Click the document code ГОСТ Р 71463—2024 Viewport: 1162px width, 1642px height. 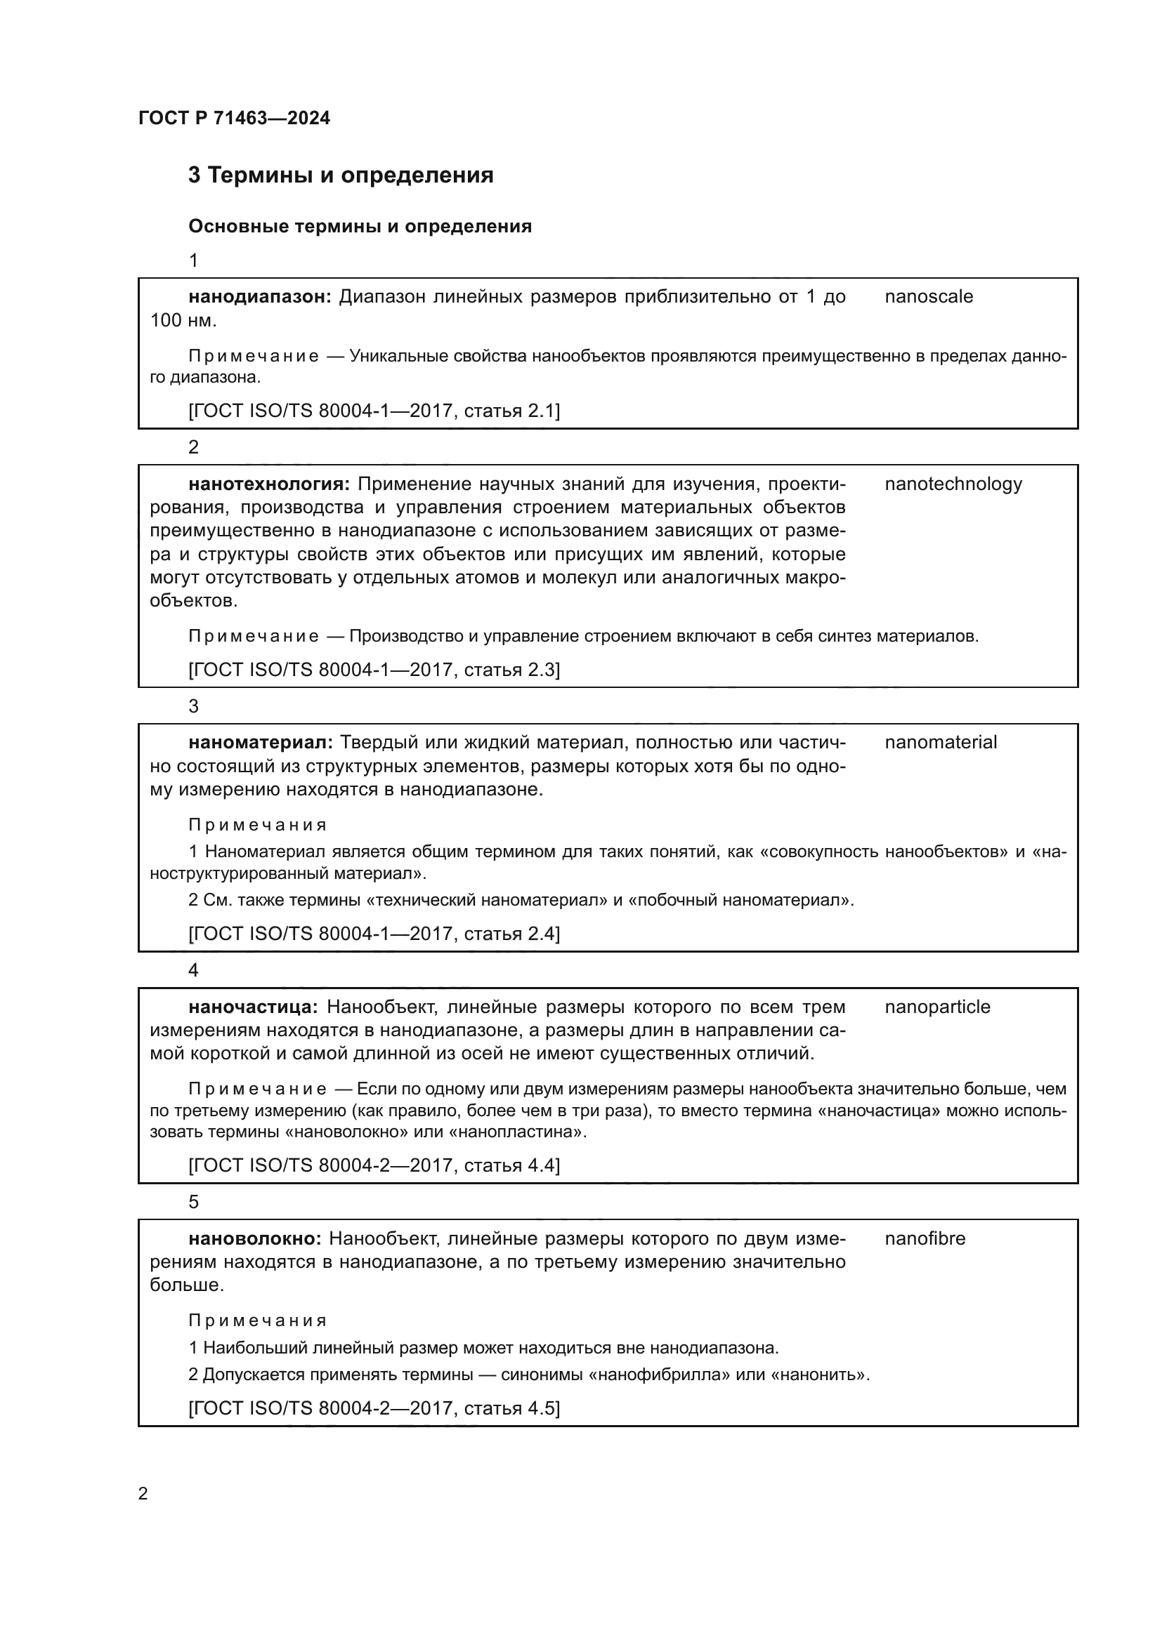pyautogui.click(x=234, y=118)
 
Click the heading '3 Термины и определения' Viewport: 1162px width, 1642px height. pyautogui.click(x=341, y=176)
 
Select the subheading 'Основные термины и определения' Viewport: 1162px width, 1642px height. pyautogui.click(x=360, y=227)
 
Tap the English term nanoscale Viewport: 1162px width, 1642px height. pyautogui.click(x=928, y=296)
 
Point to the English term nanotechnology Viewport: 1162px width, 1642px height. pyautogui.click(x=953, y=484)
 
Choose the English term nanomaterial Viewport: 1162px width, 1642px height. pyautogui.click(x=940, y=742)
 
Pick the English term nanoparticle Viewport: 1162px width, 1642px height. pyautogui.click(x=937, y=1007)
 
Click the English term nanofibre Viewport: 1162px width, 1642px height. pyautogui.click(x=925, y=1238)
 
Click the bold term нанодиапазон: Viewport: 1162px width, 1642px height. pyautogui.click(x=261, y=296)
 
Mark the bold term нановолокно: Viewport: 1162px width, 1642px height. pyautogui.click(x=256, y=1238)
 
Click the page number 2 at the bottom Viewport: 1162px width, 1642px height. pyautogui.click(x=143, y=1494)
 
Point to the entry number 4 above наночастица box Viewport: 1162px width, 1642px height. pyautogui.click(x=193, y=970)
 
